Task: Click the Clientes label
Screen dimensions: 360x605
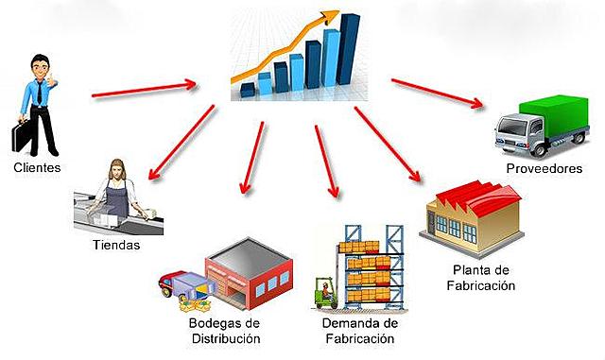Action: coord(37,168)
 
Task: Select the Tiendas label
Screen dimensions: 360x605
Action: coord(117,246)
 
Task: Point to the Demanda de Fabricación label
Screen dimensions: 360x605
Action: coord(351,332)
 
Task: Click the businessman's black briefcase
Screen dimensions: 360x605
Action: coord(21,137)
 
